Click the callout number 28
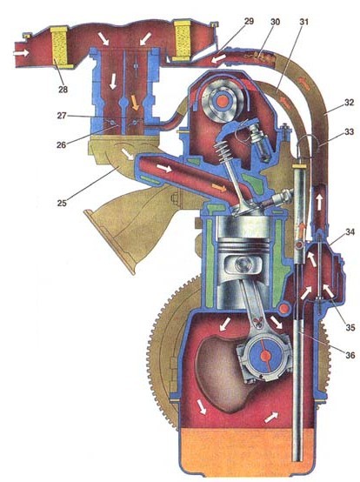[x=63, y=90]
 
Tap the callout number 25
[x=62, y=203]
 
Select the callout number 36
[x=350, y=355]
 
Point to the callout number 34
[x=350, y=231]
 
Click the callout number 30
[x=276, y=22]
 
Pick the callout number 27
[x=62, y=116]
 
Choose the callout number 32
[x=350, y=103]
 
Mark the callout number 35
[x=350, y=327]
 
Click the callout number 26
[x=62, y=144]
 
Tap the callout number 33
[x=350, y=131]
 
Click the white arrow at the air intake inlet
[x=21, y=53]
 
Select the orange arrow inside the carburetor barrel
[x=135, y=103]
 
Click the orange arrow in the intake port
[x=219, y=187]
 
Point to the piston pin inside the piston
[x=243, y=264]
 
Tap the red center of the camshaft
[x=222, y=101]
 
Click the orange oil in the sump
[x=246, y=452]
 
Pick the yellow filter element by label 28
[x=59, y=46]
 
